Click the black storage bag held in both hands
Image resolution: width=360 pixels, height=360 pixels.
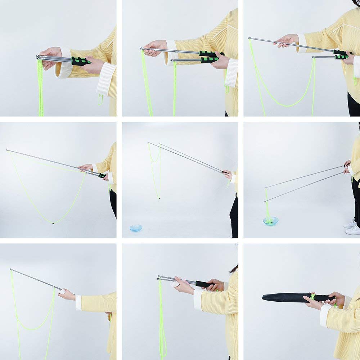(x=284, y=297)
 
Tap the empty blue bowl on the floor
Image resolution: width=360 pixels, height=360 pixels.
(x=136, y=228)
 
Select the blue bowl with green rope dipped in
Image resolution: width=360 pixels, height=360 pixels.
(x=270, y=221)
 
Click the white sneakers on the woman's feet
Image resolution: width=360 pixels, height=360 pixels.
(x=351, y=228)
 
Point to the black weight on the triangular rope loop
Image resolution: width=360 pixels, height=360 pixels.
(x=53, y=223)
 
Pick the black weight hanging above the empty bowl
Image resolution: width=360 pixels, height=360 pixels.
(x=159, y=198)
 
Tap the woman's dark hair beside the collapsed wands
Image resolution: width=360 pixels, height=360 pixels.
(x=234, y=269)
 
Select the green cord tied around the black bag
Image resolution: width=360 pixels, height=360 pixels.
(x=313, y=296)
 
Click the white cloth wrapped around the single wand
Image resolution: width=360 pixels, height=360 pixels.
(x=63, y=291)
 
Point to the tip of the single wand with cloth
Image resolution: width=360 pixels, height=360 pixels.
(x=11, y=269)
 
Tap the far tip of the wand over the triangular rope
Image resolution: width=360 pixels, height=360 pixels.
(x=7, y=150)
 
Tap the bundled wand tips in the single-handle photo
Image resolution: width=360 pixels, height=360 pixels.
(x=39, y=57)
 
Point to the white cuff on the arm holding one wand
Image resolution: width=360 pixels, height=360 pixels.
(x=78, y=302)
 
